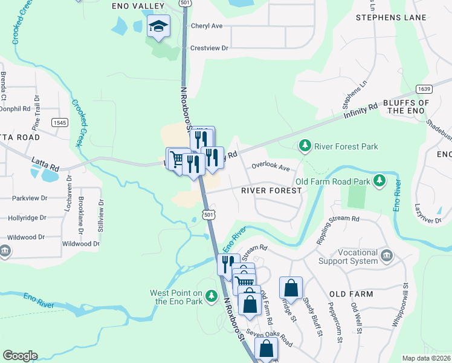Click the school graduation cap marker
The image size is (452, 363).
click(158, 26)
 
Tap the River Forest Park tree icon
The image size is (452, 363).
click(305, 146)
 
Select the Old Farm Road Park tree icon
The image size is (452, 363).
click(379, 180)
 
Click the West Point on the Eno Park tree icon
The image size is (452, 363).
click(211, 296)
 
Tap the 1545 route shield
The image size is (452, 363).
click(59, 122)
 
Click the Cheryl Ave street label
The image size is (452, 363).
click(207, 26)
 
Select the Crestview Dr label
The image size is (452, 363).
click(209, 48)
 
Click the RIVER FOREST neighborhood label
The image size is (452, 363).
click(271, 190)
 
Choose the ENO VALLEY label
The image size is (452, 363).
click(138, 5)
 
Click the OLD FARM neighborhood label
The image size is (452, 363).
click(350, 294)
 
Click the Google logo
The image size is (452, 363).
click(20, 356)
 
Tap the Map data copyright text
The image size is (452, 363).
click(427, 358)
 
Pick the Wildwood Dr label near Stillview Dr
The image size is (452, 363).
click(80, 243)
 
